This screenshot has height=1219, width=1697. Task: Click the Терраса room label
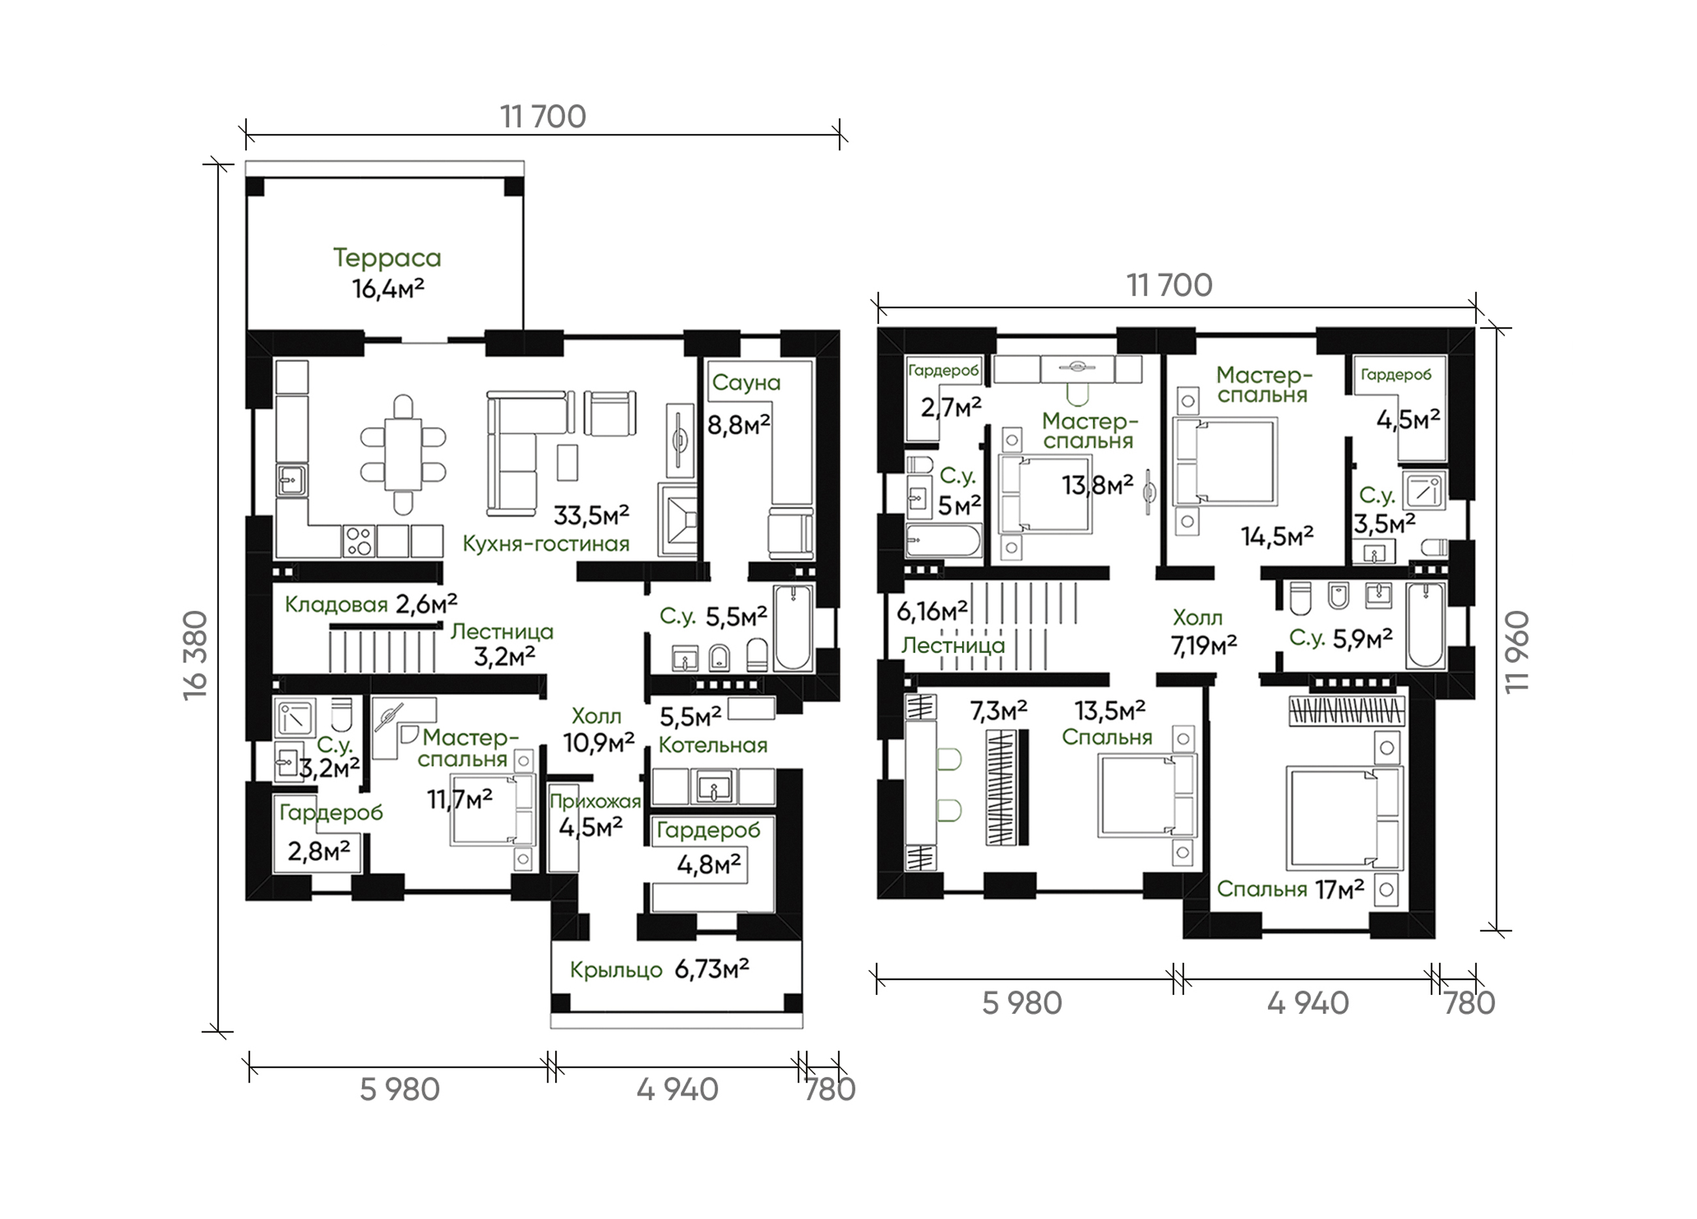pyautogui.click(x=387, y=257)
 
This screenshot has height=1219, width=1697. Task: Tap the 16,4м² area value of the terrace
pyautogui.click(x=389, y=288)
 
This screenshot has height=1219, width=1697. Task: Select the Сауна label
pyautogui.click(x=746, y=382)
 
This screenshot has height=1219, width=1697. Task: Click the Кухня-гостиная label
pyautogui.click(x=545, y=544)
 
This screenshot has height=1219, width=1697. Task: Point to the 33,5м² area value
pyautogui.click(x=591, y=515)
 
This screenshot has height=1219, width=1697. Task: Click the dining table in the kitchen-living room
pyautogui.click(x=403, y=454)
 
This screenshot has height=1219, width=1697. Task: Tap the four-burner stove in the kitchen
pyautogui.click(x=359, y=540)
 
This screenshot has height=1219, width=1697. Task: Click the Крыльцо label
pyautogui.click(x=616, y=970)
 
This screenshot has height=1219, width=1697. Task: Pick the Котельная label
pyautogui.click(x=713, y=745)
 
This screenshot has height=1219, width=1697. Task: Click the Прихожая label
pyautogui.click(x=595, y=802)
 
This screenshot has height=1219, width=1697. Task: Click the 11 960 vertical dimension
pyautogui.click(x=1517, y=653)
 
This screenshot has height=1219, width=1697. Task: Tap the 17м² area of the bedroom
pyautogui.click(x=1339, y=889)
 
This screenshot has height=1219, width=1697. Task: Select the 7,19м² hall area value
pyautogui.click(x=1204, y=645)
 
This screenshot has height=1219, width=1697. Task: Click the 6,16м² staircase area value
pyautogui.click(x=932, y=611)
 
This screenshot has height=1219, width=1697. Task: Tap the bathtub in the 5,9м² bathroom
pyautogui.click(x=1425, y=626)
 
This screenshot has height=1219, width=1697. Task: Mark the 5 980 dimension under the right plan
pyautogui.click(x=1022, y=1003)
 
